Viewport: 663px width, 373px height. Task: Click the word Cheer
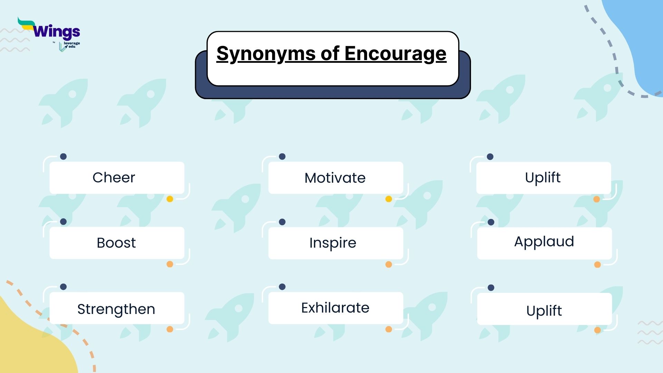click(x=114, y=178)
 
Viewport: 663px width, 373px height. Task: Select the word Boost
click(x=116, y=243)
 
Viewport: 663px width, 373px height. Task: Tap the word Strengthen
click(x=116, y=309)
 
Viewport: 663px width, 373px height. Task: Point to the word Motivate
click(x=335, y=178)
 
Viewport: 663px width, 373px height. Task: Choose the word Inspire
click(x=333, y=243)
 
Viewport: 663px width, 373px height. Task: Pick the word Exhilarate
click(x=335, y=308)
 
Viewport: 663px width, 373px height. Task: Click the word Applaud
click(x=544, y=241)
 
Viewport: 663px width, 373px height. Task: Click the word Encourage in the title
click(x=395, y=54)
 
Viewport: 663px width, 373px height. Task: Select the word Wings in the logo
click(x=57, y=32)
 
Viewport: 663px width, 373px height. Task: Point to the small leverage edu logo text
click(x=71, y=45)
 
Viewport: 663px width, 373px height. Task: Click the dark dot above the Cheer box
click(x=63, y=156)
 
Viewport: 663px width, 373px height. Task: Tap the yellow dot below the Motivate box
click(x=388, y=199)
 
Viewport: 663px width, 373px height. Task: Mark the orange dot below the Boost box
click(x=170, y=264)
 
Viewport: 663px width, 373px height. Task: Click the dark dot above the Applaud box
click(x=491, y=222)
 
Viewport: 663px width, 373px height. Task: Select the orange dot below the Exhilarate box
click(x=388, y=329)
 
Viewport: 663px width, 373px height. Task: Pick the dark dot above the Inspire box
click(x=282, y=222)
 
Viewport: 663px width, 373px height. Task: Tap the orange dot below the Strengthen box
click(x=170, y=329)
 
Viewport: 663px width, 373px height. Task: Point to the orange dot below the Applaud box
click(x=597, y=265)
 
